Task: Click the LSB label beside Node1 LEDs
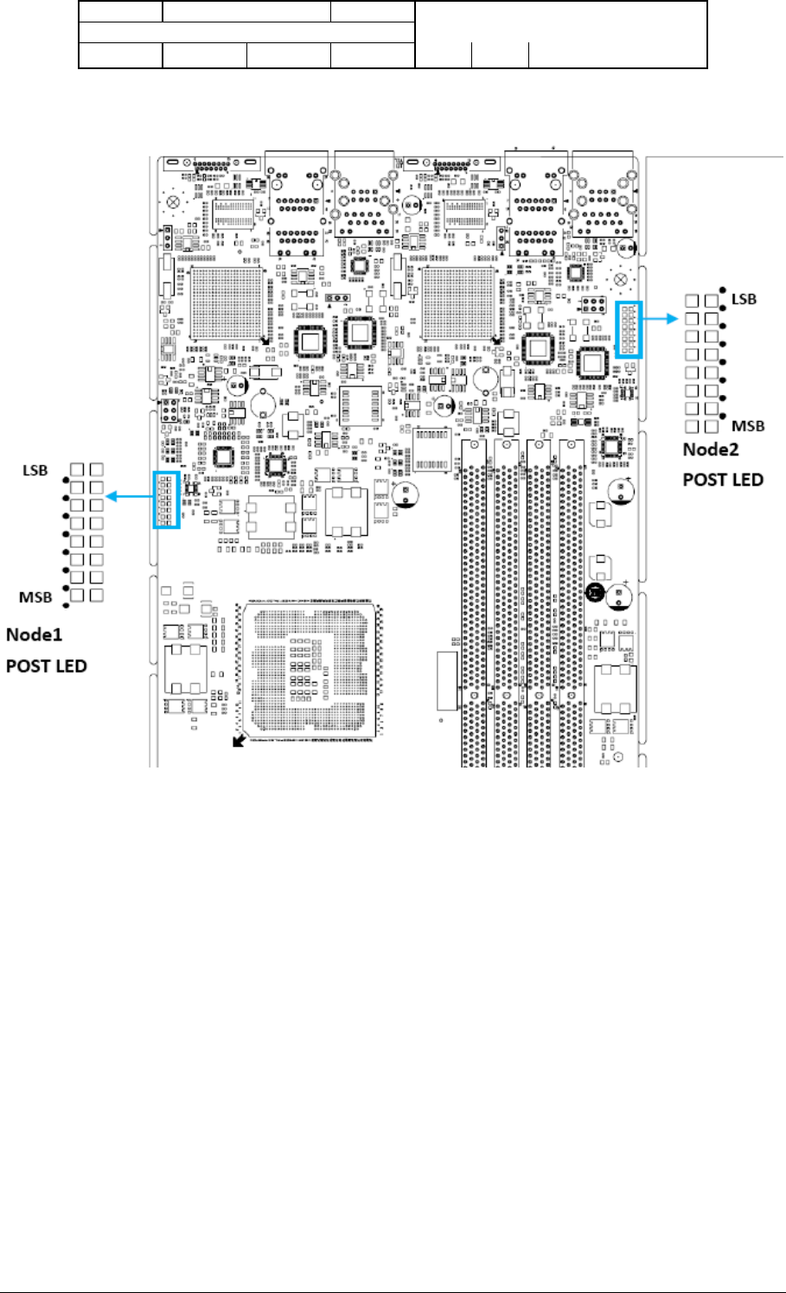35,471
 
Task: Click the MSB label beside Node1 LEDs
35,597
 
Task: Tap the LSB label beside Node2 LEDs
744,299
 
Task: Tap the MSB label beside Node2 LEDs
748,426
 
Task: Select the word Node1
34,634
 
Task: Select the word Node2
711,449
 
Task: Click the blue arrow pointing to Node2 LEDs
661,318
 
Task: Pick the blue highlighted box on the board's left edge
166,500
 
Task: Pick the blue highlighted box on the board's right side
629,329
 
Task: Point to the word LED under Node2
746,480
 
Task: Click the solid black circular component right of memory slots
596,594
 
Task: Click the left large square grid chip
227,302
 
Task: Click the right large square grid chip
459,302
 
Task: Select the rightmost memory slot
572,605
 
